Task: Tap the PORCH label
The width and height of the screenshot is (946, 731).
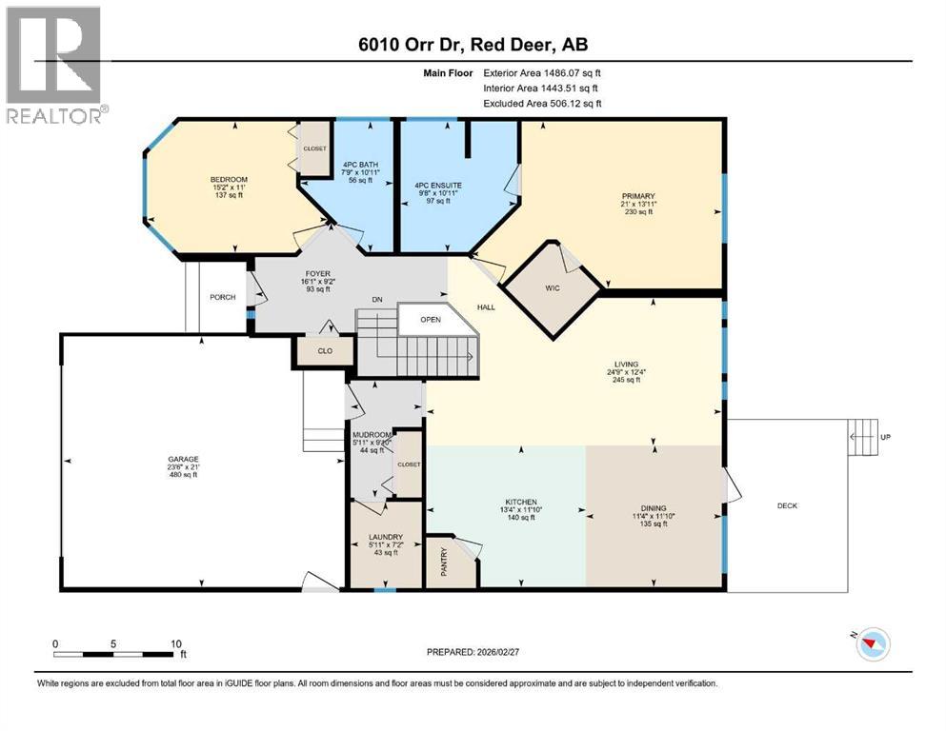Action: coord(221,296)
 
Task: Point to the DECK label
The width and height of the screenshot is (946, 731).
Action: coord(787,505)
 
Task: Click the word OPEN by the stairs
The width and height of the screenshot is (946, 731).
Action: coord(432,320)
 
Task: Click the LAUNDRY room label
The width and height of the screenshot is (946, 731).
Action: coord(386,536)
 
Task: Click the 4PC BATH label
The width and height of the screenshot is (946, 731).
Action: coord(360,165)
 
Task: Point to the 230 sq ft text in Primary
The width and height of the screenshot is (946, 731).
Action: coord(645,212)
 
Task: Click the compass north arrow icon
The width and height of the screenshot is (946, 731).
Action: coord(871,645)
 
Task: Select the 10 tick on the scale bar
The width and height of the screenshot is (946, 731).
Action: coord(175,643)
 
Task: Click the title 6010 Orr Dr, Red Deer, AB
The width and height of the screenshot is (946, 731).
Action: coord(472,46)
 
